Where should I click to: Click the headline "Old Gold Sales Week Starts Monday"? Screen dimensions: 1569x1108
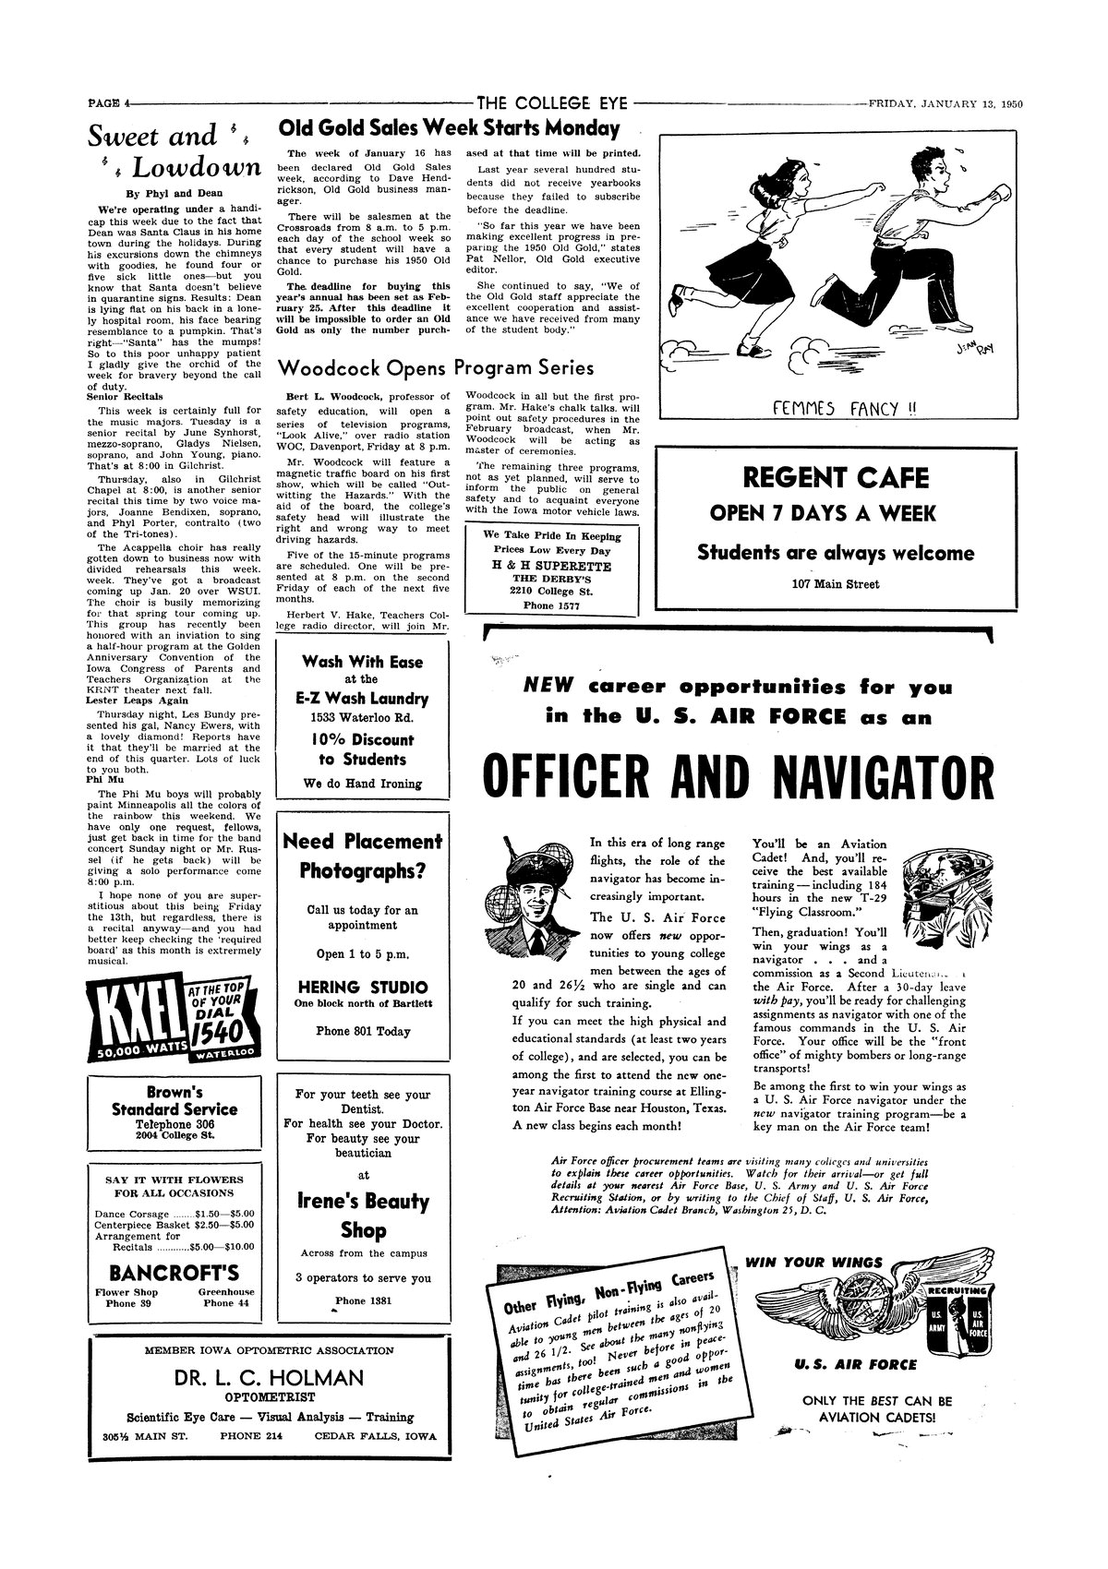(449, 128)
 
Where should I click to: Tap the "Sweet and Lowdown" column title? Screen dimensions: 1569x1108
(174, 152)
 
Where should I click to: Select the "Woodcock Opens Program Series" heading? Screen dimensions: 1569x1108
(436, 368)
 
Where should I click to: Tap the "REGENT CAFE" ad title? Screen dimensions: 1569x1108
(836, 477)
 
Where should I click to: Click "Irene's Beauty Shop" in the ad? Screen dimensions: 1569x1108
(363, 1216)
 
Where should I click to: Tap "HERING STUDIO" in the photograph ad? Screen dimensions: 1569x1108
(363, 987)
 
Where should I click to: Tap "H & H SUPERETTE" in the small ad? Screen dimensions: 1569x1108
(551, 566)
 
